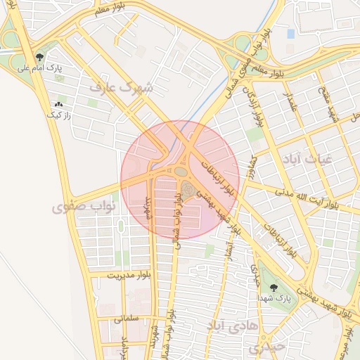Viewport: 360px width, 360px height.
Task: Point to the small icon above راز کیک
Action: pyautogui.click(x=58, y=104)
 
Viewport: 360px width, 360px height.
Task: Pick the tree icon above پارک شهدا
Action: pyautogui.click(x=273, y=287)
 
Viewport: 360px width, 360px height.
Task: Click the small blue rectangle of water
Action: pyautogui.click(x=290, y=33)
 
